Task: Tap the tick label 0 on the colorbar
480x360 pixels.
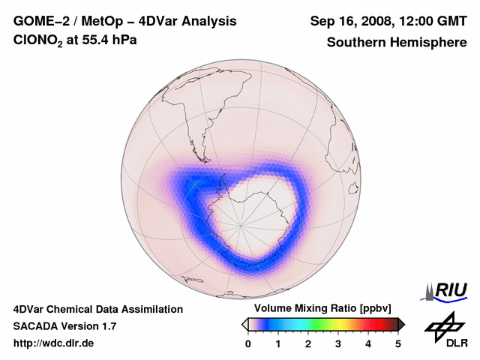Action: click(248, 343)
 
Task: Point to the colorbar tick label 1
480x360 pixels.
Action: click(278, 343)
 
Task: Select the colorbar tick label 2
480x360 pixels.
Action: click(308, 343)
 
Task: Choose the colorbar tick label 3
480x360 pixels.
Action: click(338, 343)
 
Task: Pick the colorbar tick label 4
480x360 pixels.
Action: click(368, 343)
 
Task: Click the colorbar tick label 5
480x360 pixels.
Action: click(398, 343)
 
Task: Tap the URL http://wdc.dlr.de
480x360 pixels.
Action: click(54, 343)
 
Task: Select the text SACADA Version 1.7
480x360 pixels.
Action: click(64, 326)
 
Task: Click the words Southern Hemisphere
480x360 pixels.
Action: click(396, 42)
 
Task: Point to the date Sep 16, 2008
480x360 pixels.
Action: click(346, 22)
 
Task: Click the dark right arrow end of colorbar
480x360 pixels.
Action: click(402, 323)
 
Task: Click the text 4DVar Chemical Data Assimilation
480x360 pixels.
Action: click(98, 309)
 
